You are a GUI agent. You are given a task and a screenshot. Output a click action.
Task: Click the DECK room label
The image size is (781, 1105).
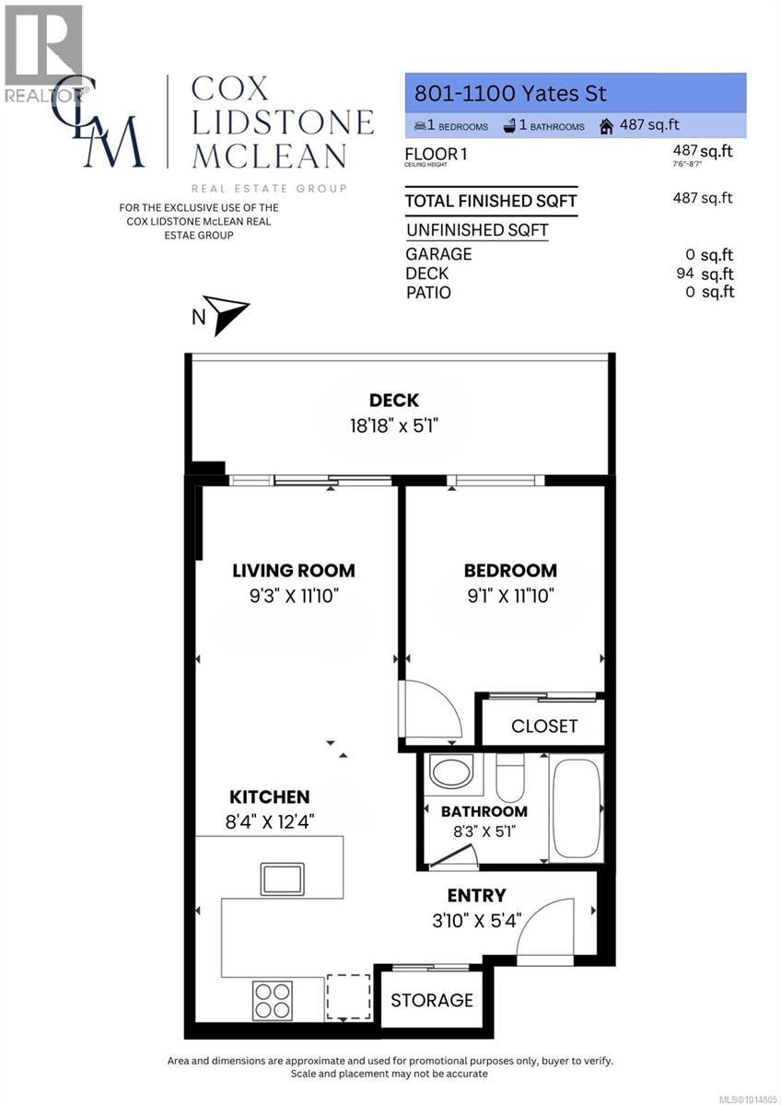(394, 401)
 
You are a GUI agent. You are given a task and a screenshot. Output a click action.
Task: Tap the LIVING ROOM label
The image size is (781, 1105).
(293, 571)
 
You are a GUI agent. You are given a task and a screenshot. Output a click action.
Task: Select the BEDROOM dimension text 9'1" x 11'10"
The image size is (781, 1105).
(509, 596)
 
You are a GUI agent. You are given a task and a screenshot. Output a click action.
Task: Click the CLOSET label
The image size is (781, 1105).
(544, 727)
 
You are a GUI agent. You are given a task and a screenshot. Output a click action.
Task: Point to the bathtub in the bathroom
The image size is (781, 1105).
(577, 808)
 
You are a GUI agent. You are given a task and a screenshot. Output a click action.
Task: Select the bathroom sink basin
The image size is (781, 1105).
(451, 772)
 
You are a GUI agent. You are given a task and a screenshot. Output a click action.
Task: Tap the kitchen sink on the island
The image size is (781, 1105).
(282, 878)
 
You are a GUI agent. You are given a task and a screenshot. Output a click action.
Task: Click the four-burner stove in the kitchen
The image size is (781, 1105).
(273, 1000)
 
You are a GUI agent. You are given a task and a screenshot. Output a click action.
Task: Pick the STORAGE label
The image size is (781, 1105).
(432, 1000)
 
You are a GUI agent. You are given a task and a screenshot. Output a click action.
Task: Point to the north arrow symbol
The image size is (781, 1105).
(226, 315)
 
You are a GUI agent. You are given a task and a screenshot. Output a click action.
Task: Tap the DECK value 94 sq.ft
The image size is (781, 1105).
(705, 273)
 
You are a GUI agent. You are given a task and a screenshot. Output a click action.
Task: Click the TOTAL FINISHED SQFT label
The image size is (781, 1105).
(491, 201)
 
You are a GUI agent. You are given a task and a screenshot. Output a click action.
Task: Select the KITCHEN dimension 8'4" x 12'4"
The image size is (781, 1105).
(270, 822)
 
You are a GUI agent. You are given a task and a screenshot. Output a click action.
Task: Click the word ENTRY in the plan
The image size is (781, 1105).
(476, 895)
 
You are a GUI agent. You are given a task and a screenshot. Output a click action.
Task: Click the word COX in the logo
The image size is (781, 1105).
(229, 89)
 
